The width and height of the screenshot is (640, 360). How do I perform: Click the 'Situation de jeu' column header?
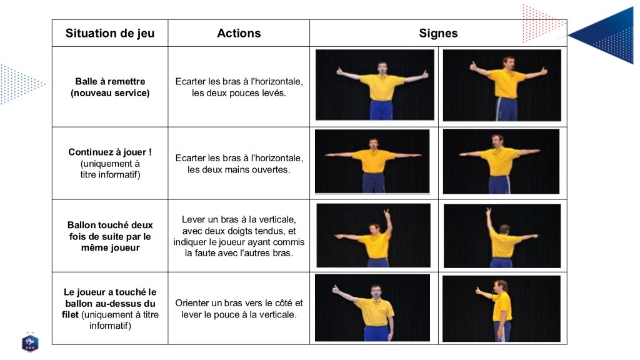pos(110,33)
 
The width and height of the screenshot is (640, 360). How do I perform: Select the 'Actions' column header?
pos(239,33)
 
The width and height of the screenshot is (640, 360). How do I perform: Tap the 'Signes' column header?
pos(438,33)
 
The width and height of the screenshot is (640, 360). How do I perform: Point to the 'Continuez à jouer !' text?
pos(110,152)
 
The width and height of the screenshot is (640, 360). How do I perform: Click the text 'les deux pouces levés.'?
pos(239,93)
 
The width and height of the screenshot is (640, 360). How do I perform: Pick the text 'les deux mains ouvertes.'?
pos(239,169)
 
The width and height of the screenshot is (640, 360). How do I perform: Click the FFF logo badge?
pos(30,342)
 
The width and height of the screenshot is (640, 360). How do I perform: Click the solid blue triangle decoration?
pos(608,36)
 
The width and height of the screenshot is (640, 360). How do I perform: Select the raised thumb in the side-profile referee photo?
pos(477,290)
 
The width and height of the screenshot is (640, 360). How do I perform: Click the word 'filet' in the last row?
pos(70,315)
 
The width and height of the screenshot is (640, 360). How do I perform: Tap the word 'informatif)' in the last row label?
pos(110,326)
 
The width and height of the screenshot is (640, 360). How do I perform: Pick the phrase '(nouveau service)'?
pos(110,93)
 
